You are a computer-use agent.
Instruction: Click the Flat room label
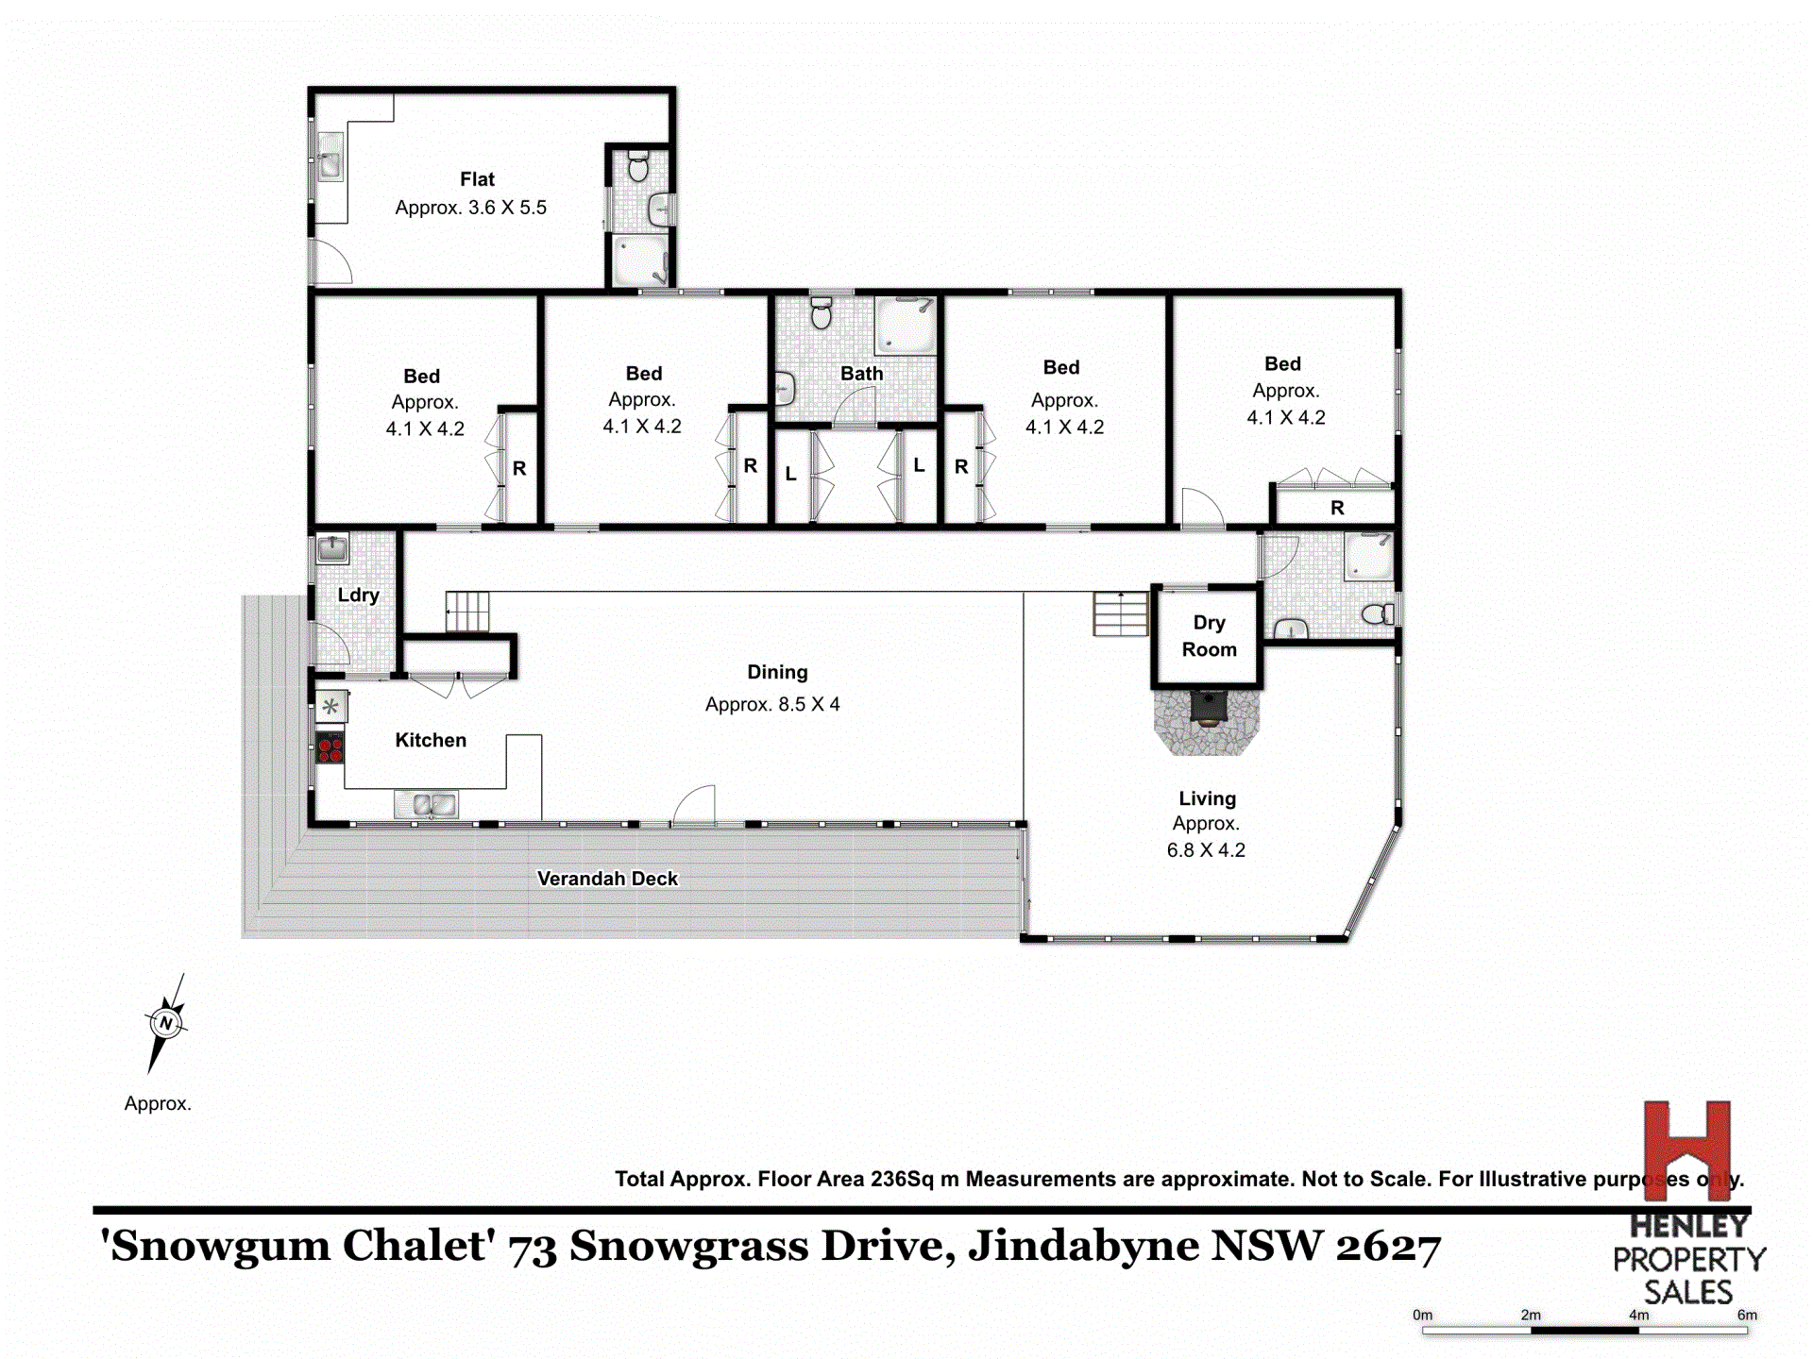click(x=477, y=179)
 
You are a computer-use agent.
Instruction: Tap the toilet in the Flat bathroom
click(x=638, y=167)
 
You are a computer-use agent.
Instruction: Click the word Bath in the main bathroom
click(x=861, y=374)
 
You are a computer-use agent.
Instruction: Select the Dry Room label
click(x=1209, y=636)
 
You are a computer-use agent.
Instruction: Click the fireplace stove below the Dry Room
click(x=1208, y=707)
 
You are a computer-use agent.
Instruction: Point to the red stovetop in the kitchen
click(x=330, y=748)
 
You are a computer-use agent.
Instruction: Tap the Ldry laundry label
click(x=358, y=596)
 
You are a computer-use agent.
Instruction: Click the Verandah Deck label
click(x=607, y=879)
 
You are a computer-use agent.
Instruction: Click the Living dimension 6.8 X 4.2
click(x=1206, y=850)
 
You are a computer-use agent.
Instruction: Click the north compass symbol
click(x=166, y=1023)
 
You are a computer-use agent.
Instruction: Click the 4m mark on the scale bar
click(x=1638, y=1316)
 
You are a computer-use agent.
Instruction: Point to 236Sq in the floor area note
click(x=901, y=1180)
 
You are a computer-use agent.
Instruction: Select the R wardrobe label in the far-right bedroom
click(x=1337, y=509)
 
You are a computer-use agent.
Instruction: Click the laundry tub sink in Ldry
click(x=331, y=548)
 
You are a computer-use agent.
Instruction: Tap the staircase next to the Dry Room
click(x=1121, y=613)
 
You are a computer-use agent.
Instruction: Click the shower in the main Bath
click(x=905, y=326)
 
